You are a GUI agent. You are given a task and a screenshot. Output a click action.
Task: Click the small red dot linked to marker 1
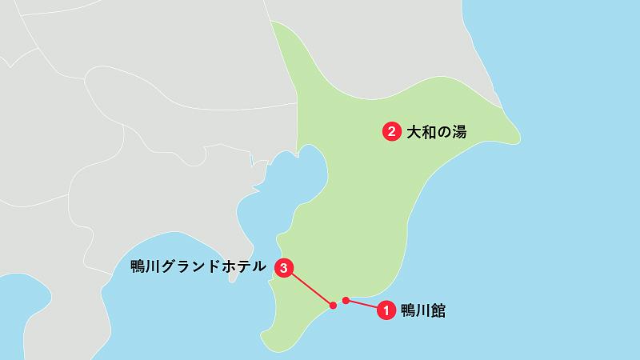click(346, 301)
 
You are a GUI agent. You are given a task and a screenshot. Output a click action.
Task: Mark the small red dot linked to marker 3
click(333, 305)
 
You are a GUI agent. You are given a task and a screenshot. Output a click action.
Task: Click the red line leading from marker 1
click(362, 305)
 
